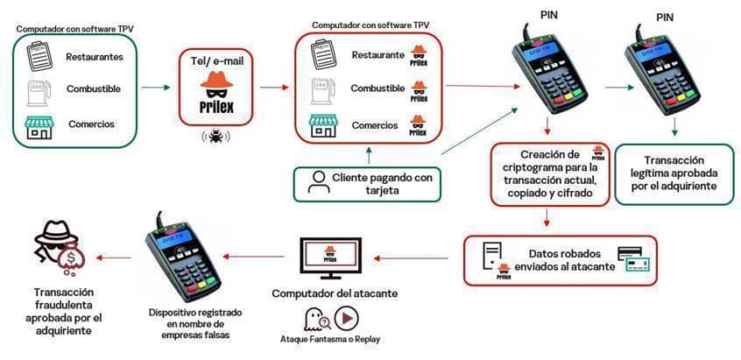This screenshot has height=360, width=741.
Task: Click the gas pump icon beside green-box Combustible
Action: coord(37,90)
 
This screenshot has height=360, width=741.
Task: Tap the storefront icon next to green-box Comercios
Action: coord(38,124)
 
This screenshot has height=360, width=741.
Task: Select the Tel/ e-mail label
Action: coord(216,60)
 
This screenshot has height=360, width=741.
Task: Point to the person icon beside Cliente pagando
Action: coord(317,182)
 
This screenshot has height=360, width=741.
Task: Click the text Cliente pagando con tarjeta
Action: coord(381,184)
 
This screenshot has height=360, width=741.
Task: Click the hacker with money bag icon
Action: coord(53,248)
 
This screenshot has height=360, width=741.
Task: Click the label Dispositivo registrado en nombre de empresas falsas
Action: coord(195,321)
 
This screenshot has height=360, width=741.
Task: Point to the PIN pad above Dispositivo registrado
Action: coord(182,255)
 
